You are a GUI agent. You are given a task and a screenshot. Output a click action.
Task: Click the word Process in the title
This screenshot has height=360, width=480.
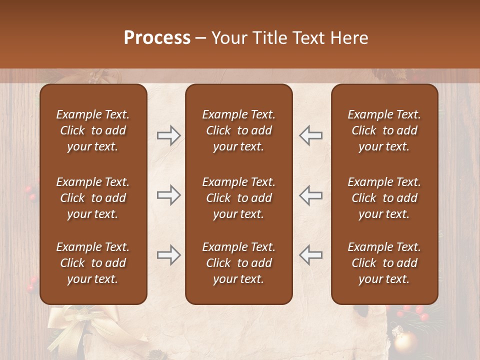pyautogui.click(x=157, y=38)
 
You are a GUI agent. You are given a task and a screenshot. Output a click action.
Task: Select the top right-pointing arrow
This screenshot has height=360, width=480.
pyautogui.click(x=169, y=135)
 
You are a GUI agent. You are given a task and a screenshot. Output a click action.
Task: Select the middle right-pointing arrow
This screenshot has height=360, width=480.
pyautogui.click(x=169, y=195)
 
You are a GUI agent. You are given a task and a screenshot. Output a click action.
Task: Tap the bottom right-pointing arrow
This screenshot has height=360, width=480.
pyautogui.click(x=169, y=255)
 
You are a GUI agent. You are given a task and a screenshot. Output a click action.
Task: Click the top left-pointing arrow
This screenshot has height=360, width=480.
pyautogui.click(x=310, y=135)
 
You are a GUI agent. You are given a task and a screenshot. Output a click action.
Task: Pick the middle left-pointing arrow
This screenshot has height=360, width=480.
pyautogui.click(x=310, y=195)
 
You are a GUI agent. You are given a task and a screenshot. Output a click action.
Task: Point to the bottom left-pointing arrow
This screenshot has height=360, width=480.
pyautogui.click(x=310, y=255)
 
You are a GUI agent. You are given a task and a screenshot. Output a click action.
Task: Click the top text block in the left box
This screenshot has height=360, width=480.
pyautogui.click(x=93, y=130)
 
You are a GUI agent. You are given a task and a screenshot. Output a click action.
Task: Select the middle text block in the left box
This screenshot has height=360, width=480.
pyautogui.click(x=93, y=198)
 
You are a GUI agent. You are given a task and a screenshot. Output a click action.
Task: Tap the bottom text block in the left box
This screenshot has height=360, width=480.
pyautogui.click(x=93, y=263)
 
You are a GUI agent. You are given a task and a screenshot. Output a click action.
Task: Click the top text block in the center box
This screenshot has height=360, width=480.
pyautogui.click(x=238, y=130)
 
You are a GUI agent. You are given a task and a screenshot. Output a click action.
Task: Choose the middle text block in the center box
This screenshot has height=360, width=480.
pyautogui.click(x=238, y=198)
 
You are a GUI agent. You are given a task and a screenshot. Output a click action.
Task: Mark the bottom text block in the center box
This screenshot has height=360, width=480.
pyautogui.click(x=238, y=263)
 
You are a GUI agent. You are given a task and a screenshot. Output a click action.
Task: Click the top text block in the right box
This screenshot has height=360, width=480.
pyautogui.click(x=384, y=130)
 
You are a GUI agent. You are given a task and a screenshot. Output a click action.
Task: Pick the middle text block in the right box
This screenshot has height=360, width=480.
pyautogui.click(x=384, y=198)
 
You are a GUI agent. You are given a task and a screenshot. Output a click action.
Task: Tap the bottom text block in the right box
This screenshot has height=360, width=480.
pyautogui.click(x=384, y=263)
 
